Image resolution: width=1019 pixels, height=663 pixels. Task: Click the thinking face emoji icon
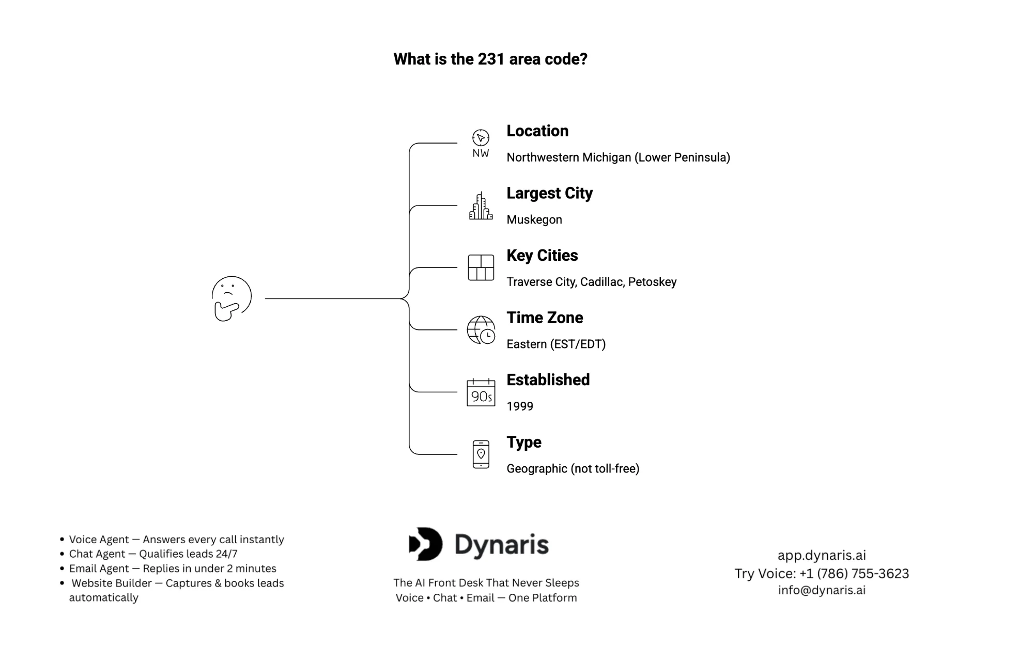[231, 298]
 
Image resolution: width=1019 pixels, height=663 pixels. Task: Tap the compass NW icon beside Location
[481, 144]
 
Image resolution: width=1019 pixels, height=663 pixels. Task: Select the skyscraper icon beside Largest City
[481, 206]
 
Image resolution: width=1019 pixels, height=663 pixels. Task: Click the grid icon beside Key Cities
[481, 267]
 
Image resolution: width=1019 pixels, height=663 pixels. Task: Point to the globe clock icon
[481, 330]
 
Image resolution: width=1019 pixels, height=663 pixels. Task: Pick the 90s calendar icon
[481, 392]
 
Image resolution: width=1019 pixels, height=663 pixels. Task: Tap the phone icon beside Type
[481, 454]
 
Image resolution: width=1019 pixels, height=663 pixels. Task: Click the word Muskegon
[534, 220]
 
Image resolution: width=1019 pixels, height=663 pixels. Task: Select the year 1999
[519, 406]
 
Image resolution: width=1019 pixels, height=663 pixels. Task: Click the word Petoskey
[652, 282]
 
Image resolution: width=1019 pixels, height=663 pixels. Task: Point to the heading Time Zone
[544, 318]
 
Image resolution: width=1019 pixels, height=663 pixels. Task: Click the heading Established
[548, 380]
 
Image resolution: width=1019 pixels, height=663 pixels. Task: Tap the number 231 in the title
[490, 59]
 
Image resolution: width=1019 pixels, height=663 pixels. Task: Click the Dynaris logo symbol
[426, 544]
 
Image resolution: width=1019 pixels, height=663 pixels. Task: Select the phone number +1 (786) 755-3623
[854, 574]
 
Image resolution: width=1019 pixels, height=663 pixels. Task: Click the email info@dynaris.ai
[822, 590]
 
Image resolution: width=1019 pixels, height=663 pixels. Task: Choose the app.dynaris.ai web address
[822, 556]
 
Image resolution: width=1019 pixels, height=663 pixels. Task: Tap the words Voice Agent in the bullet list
[99, 540]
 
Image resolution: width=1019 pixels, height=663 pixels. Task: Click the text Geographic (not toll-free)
[573, 469]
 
